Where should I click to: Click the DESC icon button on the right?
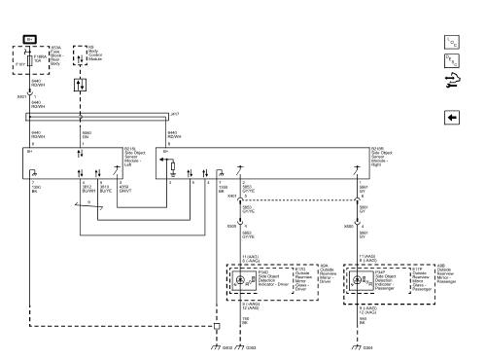pos(450,60)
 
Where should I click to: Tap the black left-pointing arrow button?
pos(450,117)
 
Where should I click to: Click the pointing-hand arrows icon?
pos(450,83)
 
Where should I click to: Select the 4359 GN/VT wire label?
pos(123,190)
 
